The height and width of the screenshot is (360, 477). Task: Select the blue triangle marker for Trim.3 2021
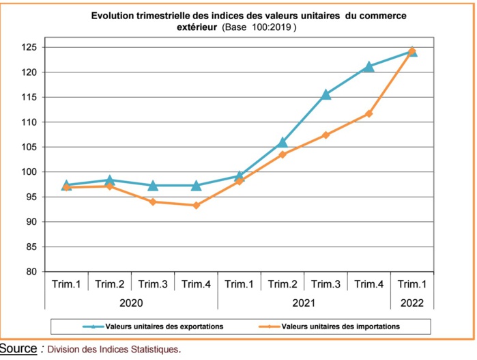326,94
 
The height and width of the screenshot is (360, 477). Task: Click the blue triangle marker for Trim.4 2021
369,66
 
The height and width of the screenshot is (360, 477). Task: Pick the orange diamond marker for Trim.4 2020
196,206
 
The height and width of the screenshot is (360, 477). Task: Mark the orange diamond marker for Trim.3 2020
153,202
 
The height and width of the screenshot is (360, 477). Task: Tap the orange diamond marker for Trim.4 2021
369,113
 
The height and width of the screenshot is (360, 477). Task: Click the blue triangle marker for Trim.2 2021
283,143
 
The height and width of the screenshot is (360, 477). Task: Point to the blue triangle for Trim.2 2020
109,180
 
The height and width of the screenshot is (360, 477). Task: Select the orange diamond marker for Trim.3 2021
326,135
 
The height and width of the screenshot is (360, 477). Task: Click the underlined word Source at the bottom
18,349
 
